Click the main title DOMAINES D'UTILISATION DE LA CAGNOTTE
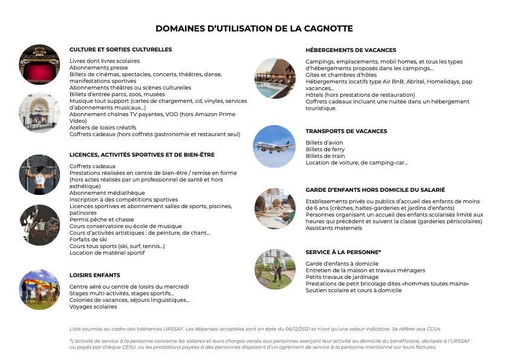pos(254,28)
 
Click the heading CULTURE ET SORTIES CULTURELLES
pos(120,50)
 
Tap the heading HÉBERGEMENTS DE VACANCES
pos(351,50)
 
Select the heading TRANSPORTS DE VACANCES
pos(346,131)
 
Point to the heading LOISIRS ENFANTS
pos(95,275)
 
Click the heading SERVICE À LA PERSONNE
pos(343,252)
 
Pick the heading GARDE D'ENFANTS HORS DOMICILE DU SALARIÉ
pos(375,190)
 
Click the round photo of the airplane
pos(274,146)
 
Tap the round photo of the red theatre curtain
pos(39,64)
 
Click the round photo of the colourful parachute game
pos(39,289)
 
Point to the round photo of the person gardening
pos(274,268)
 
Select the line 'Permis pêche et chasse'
pos(102,220)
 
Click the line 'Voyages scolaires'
pos(93,307)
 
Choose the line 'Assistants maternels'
pos(333,228)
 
